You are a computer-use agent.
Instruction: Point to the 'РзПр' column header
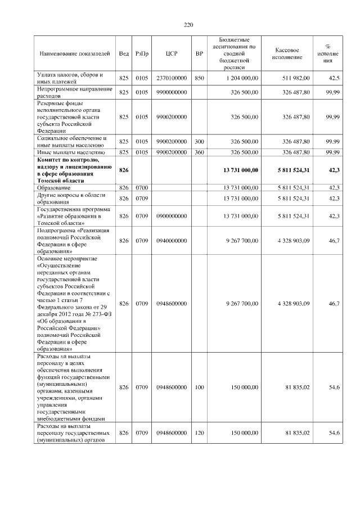pyautogui.click(x=142, y=53)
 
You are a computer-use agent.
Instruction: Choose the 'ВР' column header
pyautogui.click(x=199, y=53)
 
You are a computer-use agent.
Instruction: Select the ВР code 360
pyautogui.click(x=199, y=152)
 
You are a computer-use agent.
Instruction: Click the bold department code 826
pyautogui.click(x=124, y=170)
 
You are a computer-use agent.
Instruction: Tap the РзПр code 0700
pyautogui.click(x=142, y=187)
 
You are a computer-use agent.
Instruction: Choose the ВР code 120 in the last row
pyautogui.click(x=199, y=433)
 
